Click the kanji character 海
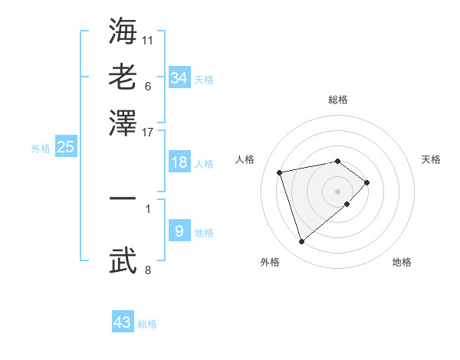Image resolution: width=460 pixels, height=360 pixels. point(123,30)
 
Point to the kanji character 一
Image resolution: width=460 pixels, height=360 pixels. point(123,198)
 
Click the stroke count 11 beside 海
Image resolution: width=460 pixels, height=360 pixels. point(148,38)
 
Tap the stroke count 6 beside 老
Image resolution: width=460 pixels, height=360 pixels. point(148,85)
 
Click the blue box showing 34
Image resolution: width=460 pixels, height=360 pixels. point(179,77)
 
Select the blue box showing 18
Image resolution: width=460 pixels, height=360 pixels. point(179,162)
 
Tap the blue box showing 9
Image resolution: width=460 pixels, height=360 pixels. point(179,231)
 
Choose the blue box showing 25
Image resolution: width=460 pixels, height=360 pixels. point(66,147)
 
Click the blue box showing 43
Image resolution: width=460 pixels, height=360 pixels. point(123,322)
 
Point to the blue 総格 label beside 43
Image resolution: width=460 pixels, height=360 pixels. point(147,324)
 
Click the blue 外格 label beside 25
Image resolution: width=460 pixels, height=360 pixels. point(41,149)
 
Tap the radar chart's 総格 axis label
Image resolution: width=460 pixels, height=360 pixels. point(338,100)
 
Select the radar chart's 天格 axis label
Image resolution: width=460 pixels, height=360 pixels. point(432,159)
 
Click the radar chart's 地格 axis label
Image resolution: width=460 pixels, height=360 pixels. point(402,263)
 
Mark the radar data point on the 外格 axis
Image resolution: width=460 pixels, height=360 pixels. point(302,242)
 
